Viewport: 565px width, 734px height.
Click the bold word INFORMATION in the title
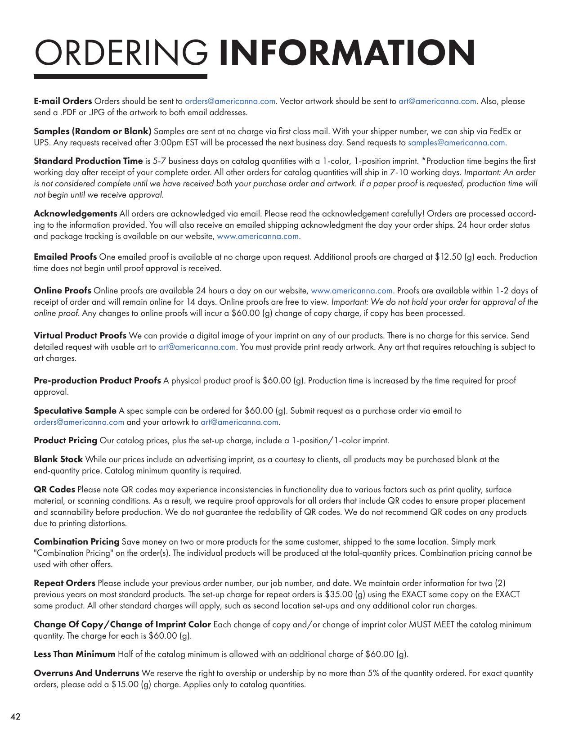[346, 53]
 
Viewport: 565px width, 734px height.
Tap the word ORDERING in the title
[121, 53]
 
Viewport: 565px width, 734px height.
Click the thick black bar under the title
[120, 77]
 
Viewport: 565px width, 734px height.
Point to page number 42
[15, 717]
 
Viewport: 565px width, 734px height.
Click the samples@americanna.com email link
[456, 143]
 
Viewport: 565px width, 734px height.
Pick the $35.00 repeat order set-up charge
[338, 594]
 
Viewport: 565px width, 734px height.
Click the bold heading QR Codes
[54, 489]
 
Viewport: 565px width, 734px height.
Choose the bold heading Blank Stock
[58, 459]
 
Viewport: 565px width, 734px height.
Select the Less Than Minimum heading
[74, 654]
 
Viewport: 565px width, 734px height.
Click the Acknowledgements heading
[75, 213]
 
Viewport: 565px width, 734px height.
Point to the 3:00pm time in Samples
[199, 143]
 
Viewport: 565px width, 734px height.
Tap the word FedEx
[501, 131]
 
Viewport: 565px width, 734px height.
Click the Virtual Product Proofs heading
[80, 335]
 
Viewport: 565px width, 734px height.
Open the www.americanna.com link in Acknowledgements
[258, 236]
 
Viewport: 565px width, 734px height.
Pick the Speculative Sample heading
[75, 410]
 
